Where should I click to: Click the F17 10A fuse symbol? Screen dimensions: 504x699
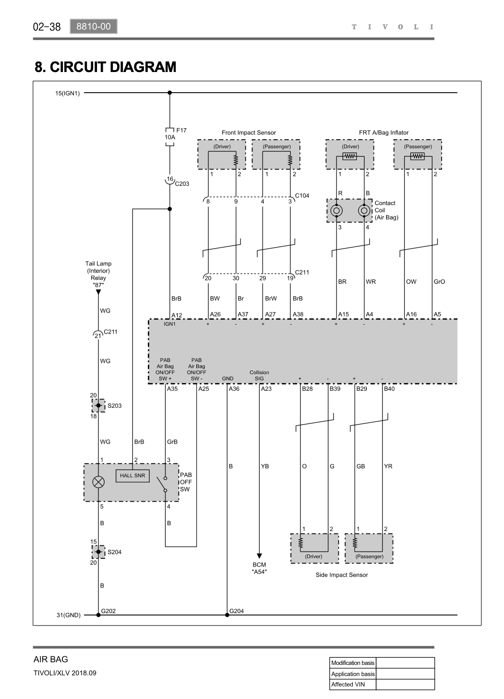[170, 137]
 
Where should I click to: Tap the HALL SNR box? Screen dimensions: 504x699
[132, 476]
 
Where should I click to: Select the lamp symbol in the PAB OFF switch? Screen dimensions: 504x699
[98, 482]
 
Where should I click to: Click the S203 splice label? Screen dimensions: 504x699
[115, 406]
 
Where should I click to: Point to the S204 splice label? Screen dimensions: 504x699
[115, 552]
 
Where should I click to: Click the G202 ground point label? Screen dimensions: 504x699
[108, 611]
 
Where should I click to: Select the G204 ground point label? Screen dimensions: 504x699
[237, 611]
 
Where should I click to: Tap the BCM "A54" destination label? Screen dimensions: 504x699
[259, 568]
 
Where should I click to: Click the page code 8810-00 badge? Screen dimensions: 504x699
[94, 26]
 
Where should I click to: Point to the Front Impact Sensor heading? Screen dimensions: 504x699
[249, 133]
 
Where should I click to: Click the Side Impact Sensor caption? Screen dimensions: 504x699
[342, 575]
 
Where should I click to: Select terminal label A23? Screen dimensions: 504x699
[266, 388]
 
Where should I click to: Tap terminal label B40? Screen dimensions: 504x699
[389, 388]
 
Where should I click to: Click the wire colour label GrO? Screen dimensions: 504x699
[439, 281]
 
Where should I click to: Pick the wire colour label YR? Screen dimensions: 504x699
[388, 466]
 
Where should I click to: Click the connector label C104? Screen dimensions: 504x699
[302, 196]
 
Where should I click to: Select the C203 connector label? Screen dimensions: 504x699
[182, 184]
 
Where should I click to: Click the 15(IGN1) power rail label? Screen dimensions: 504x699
[67, 93]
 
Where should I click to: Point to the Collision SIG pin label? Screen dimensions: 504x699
[259, 375]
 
